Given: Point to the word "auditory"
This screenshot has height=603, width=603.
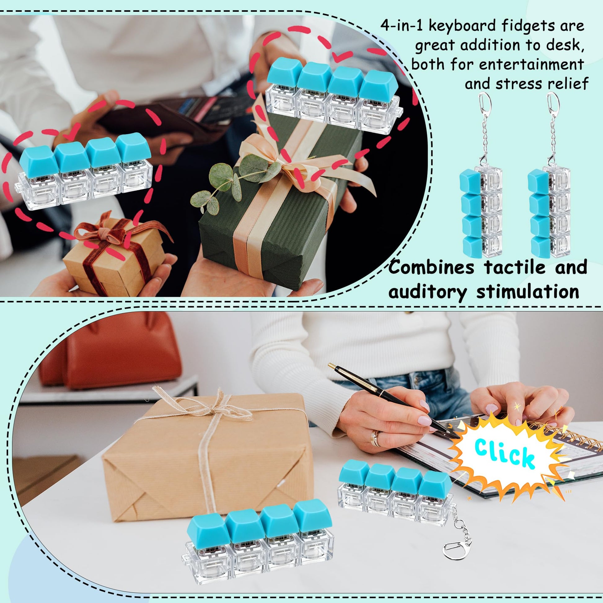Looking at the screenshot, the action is pyautogui.click(x=428, y=293).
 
